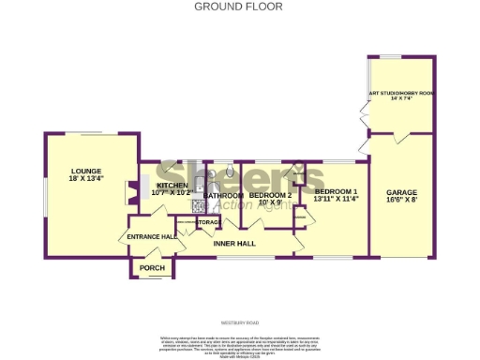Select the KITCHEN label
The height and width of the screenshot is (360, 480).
(x=172, y=186)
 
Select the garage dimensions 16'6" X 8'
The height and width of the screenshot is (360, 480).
(x=402, y=200)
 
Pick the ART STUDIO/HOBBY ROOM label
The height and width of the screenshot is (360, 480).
(x=401, y=93)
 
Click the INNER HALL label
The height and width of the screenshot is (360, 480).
(x=234, y=244)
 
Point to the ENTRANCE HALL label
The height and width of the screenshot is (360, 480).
(x=153, y=237)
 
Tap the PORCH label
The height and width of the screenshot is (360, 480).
(x=151, y=268)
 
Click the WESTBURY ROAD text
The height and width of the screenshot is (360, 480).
(x=240, y=321)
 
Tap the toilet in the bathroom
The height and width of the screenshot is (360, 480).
(x=230, y=173)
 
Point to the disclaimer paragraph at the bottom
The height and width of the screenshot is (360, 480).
(x=240, y=342)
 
